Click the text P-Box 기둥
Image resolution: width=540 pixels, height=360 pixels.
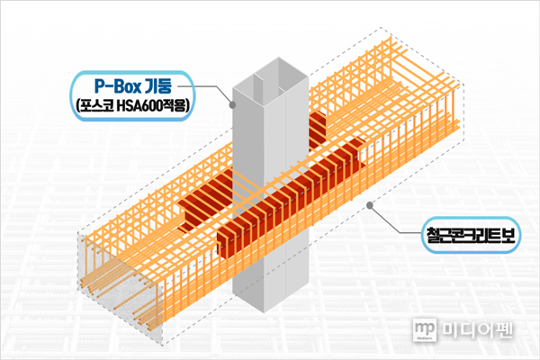[133, 86]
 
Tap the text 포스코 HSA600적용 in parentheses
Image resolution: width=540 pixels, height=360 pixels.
[133, 106]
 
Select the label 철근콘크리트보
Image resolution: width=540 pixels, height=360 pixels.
[471, 235]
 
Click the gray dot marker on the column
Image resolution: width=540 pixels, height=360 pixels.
[233, 104]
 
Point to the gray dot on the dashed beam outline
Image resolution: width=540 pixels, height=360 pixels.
[370, 205]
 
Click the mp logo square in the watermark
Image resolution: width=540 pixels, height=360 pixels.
[425, 330]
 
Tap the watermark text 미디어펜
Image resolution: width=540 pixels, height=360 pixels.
[477, 330]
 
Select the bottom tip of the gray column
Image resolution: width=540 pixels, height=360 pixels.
[264, 312]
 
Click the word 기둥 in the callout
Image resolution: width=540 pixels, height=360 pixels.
[157, 86]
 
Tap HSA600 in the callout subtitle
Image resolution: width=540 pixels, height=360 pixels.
[139, 106]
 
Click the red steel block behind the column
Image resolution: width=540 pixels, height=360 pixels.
[319, 128]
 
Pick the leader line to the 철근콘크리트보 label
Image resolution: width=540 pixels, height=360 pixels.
[395, 220]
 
